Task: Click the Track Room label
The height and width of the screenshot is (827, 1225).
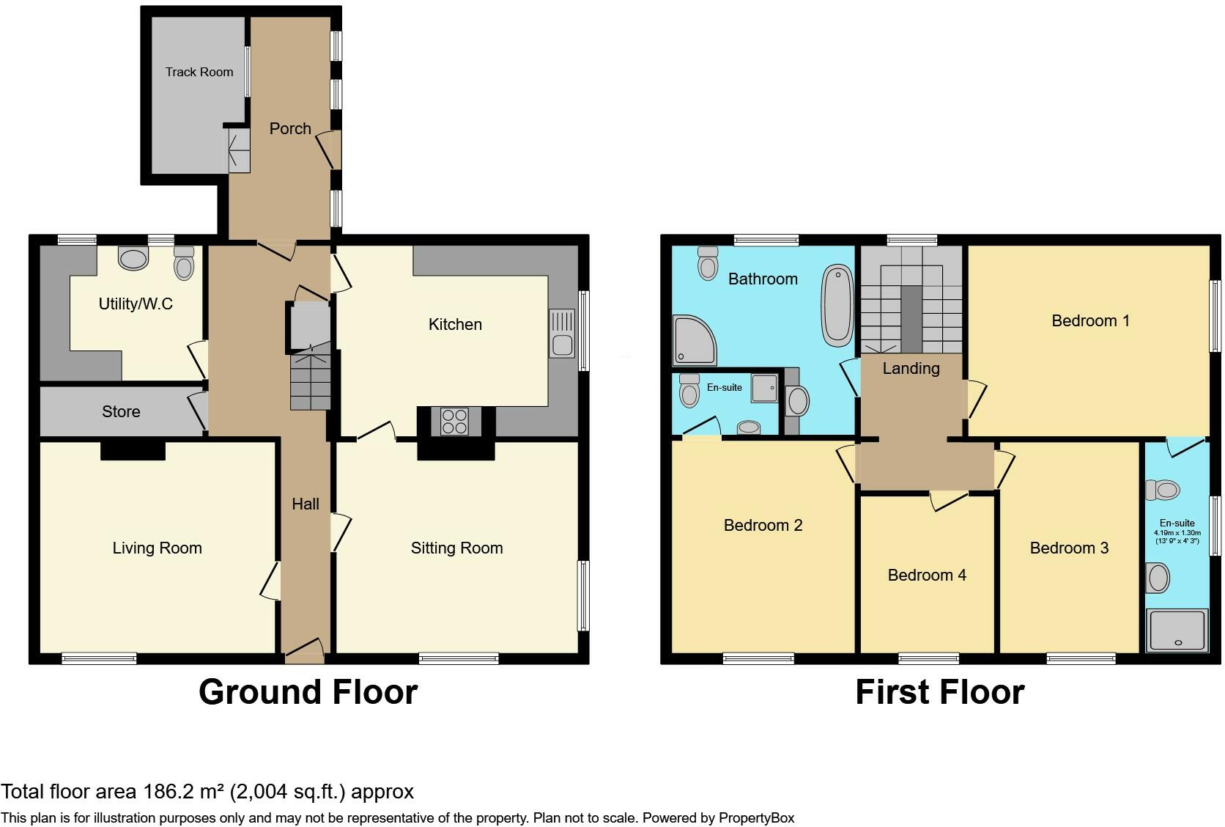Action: click(199, 72)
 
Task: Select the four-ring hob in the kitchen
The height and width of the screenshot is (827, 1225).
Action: click(454, 422)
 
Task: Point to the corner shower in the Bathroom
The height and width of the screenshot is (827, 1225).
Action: click(693, 341)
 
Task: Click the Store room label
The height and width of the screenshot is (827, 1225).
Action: click(121, 411)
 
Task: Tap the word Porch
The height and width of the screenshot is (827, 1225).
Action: click(290, 129)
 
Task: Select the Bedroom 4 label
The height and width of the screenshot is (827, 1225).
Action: click(926, 576)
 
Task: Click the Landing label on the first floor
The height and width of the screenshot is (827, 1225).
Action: click(911, 369)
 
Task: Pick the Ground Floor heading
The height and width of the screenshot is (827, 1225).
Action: click(308, 692)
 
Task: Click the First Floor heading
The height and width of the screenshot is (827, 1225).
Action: click(939, 692)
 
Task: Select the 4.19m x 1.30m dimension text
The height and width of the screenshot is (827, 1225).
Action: click(1177, 533)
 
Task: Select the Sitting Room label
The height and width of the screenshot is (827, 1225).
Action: click(456, 548)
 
